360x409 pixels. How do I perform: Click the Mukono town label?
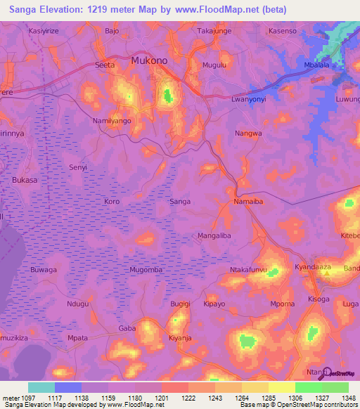149,61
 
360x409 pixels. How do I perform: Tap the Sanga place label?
180,202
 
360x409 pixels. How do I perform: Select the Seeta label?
105,65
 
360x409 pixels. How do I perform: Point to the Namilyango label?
112,121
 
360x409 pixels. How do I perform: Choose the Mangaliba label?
214,235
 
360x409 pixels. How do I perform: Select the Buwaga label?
44,270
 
